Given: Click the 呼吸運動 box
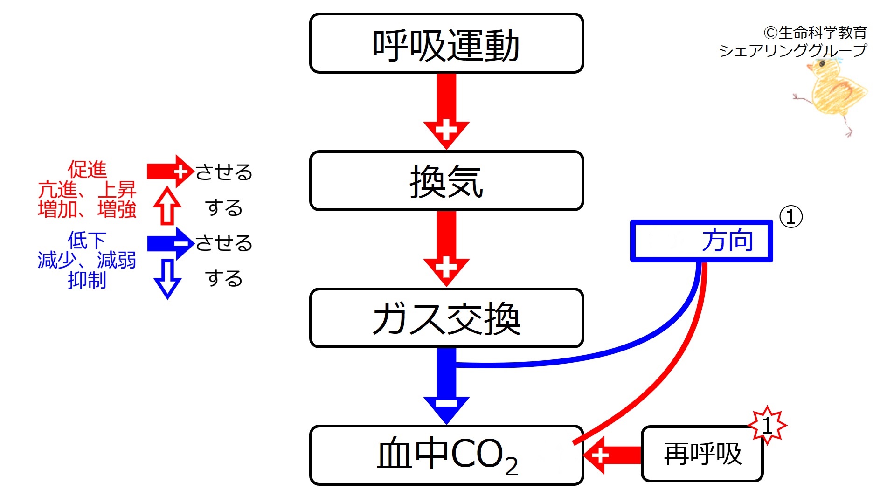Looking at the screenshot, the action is [446, 43].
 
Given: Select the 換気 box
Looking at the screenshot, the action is [446, 181].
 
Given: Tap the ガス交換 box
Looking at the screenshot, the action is [446, 318].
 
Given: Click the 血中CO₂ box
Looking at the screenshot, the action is [446, 455].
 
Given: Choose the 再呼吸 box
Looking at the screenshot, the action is [702, 454].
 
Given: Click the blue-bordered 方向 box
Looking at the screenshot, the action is [701, 241].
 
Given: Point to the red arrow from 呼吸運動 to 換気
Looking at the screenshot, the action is [446, 111].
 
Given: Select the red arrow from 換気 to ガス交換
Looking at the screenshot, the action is [446, 248].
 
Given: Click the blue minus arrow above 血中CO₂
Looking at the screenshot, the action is [446, 386].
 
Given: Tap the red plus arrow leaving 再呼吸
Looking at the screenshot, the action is [612, 455].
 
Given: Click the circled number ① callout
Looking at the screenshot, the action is [791, 217].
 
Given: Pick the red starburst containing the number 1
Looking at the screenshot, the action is [767, 425].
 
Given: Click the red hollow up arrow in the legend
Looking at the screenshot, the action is [167, 206].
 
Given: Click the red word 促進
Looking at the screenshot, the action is [87, 169].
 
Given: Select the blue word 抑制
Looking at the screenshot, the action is [87, 280].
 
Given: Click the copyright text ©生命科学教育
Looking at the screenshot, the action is [815, 33].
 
